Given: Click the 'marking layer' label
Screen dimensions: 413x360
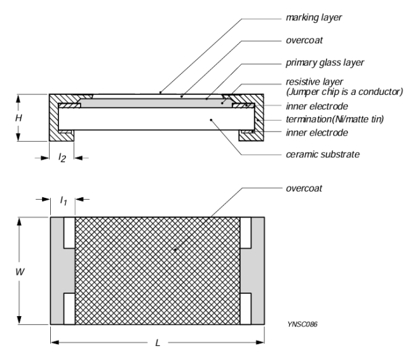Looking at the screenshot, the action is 314,18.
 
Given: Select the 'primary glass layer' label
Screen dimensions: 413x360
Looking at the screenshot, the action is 325,63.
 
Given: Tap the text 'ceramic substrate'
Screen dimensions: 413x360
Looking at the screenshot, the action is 323,155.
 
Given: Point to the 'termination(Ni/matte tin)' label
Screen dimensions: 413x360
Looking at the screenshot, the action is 335,119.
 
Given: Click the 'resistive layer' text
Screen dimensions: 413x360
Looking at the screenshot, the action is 315,82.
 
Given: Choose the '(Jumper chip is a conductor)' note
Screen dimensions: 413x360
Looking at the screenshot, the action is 344,92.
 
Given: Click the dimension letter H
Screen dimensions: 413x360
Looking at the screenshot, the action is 18,118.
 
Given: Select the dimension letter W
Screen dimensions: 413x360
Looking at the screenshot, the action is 20,272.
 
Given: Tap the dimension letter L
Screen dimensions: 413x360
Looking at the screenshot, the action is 158,343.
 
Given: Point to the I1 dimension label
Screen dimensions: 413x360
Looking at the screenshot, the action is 63,201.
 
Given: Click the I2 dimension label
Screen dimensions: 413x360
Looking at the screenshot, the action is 62,158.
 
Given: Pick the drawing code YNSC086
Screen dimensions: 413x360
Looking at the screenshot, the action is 302,324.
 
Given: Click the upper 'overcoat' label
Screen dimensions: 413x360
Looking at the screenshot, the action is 304,40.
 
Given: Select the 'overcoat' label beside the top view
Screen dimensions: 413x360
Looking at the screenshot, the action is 304,188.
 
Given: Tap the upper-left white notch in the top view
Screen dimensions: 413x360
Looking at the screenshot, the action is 69,233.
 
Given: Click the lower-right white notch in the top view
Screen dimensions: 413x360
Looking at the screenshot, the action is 245,308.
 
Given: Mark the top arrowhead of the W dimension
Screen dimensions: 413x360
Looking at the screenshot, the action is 19,222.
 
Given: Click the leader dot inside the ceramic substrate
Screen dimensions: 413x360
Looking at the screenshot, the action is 211,120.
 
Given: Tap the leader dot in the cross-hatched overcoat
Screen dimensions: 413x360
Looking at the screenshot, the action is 175,249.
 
